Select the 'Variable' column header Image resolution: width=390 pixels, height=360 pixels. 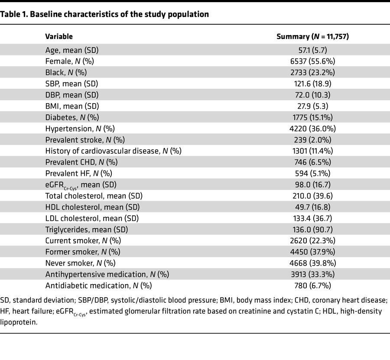(x=59, y=36)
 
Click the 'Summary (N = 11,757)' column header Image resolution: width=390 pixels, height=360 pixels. (x=312, y=36)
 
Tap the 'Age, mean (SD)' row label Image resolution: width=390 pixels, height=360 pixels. (x=71, y=50)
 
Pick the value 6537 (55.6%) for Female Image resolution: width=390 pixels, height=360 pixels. (x=312, y=61)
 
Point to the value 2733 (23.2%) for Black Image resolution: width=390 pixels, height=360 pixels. (x=312, y=72)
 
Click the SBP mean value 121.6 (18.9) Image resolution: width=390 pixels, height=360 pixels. (x=312, y=84)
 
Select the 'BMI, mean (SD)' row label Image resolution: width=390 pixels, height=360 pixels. (x=72, y=106)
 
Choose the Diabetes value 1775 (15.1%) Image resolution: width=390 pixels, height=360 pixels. (x=312, y=117)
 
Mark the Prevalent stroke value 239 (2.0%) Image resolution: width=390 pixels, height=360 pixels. (x=312, y=140)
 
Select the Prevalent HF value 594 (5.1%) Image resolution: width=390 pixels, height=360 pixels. (x=312, y=173)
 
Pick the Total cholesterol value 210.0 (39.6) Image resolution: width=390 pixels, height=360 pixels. (x=312, y=196)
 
